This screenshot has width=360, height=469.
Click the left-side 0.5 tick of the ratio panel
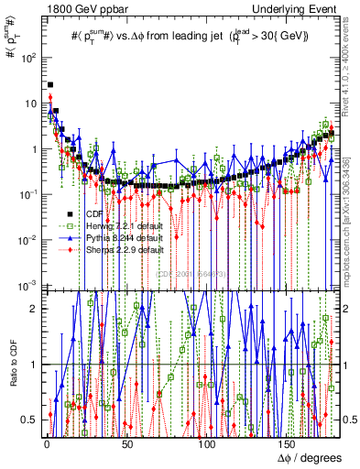click(33, 420)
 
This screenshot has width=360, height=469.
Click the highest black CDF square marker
click(49, 85)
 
